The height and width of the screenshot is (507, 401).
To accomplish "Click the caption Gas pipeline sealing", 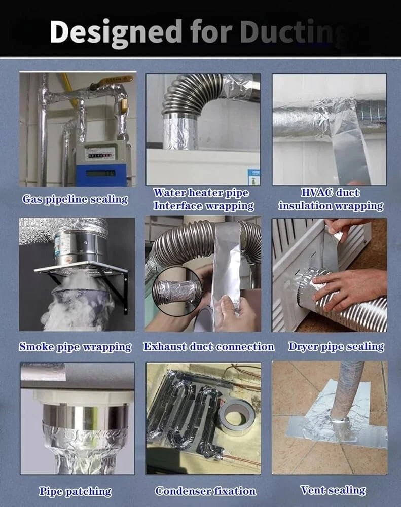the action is click(x=75, y=199).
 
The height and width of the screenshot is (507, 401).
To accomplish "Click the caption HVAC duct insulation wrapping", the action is click(x=331, y=199).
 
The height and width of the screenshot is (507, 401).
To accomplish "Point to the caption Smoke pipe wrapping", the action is click(x=75, y=347).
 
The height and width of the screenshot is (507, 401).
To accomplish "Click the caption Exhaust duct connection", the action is click(x=209, y=347).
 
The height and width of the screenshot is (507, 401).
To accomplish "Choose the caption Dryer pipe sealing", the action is click(x=336, y=347).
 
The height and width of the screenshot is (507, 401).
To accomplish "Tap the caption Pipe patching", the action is click(x=75, y=491).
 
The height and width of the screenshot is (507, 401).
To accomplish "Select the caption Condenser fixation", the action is click(x=205, y=491).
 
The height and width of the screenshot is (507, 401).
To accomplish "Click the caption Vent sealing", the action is click(x=333, y=490).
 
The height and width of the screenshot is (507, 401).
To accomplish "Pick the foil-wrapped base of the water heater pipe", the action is click(x=180, y=132).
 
